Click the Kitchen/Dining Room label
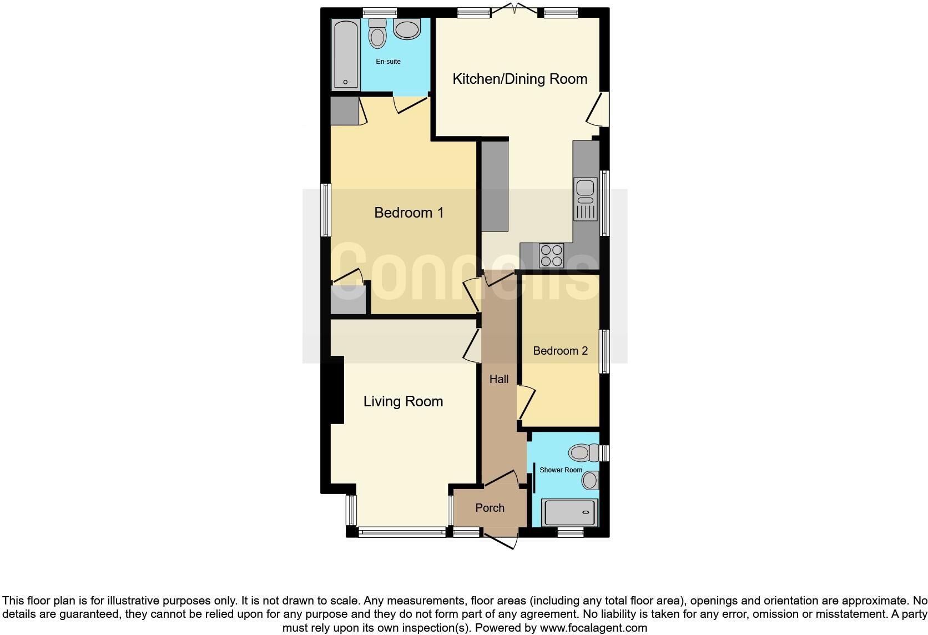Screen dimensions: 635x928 [x=520, y=79]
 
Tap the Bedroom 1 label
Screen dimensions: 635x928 [x=409, y=213]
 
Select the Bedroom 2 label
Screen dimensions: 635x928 [x=560, y=351]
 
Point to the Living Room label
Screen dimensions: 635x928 [x=403, y=401]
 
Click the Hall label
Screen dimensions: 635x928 [x=499, y=379]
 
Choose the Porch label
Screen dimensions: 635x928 [x=490, y=508]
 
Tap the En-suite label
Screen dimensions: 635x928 [x=388, y=62]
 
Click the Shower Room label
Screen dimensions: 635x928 [x=561, y=470]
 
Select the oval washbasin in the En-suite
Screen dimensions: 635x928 [x=408, y=29]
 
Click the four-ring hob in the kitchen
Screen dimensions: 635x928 [x=551, y=256]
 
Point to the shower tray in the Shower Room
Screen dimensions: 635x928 [x=571, y=513]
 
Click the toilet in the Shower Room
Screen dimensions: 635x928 [x=582, y=452]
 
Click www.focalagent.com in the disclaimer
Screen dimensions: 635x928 [x=593, y=628]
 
